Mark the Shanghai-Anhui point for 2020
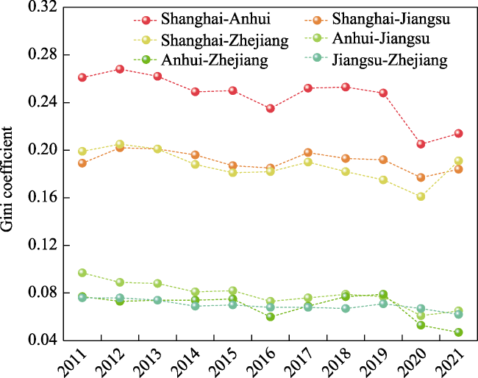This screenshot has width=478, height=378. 421,144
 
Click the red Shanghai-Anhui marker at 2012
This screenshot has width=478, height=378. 120,69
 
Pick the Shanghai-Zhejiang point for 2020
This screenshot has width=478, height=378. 421,196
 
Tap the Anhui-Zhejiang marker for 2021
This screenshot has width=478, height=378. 458,332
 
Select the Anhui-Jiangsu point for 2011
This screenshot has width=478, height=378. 82,273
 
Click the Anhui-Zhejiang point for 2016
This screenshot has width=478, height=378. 271,317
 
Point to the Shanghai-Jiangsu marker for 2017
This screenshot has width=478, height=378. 308,152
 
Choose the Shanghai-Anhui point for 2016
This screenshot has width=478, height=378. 271,108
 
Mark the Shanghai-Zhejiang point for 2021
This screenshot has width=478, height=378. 458,160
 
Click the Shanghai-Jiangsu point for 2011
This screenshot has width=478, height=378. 82,163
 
